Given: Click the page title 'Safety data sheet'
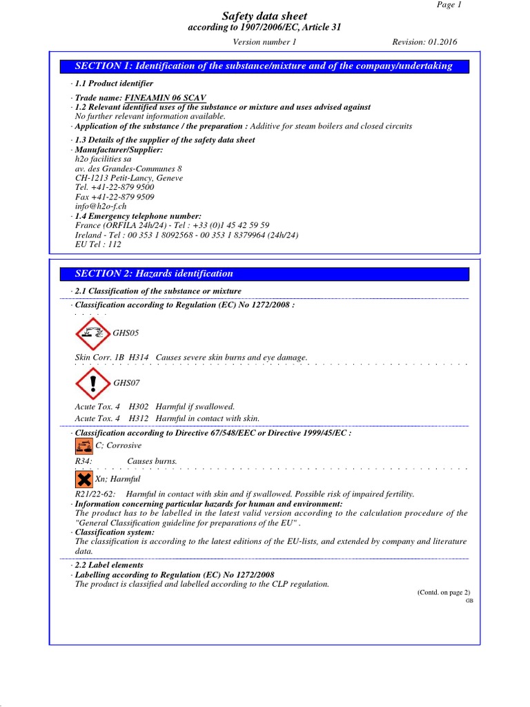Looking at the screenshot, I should coord(264,16).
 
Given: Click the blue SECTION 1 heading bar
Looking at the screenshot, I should coord(265,66).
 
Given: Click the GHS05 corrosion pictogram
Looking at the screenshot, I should coord(92,333).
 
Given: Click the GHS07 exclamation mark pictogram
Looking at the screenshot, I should coord(92,382).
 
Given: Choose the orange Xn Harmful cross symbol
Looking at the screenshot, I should coord(84,478).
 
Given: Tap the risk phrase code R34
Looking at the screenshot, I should coord(83,461).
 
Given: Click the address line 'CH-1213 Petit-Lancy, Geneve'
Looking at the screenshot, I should coord(129,177).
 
